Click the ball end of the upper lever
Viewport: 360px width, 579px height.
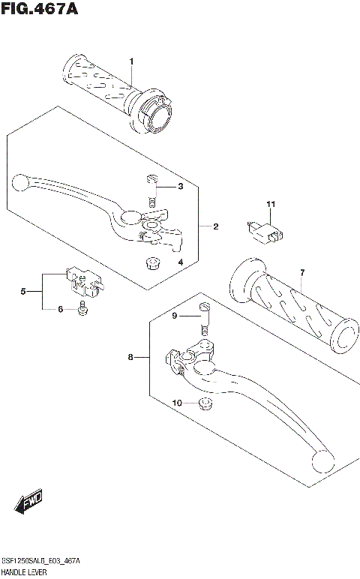(x=21, y=181)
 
